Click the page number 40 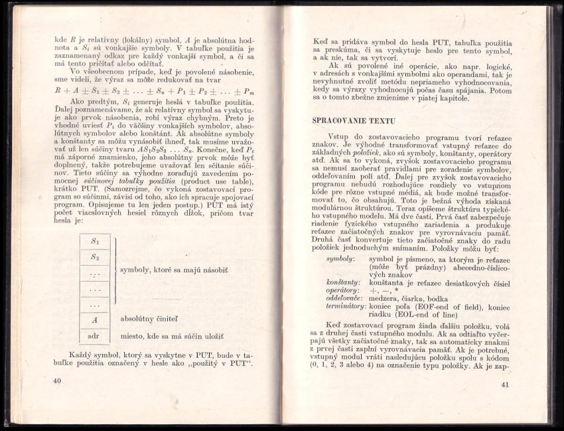point(56,381)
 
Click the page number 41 point(505,385)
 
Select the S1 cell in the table point(95,241)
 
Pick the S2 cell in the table point(95,257)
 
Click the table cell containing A point(95,319)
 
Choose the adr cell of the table point(94,335)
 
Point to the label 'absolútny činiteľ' point(149,319)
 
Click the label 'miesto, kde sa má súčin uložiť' point(172,336)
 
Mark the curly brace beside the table point(114,272)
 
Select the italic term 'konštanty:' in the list point(342,282)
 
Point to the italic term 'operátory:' point(342,290)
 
